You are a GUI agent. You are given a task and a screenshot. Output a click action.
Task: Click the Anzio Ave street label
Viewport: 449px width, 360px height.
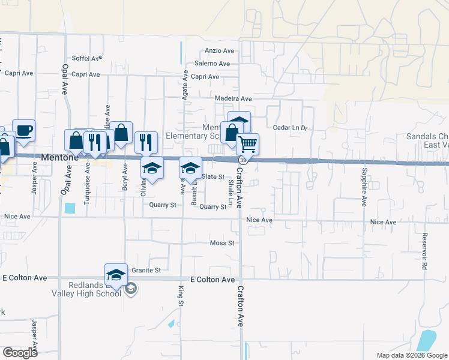218,51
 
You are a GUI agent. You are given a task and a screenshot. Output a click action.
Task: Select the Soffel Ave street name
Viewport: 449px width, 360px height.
87,59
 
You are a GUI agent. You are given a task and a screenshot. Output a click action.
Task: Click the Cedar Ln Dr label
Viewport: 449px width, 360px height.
290,128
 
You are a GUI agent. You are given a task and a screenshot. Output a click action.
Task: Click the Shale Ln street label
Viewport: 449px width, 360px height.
231,191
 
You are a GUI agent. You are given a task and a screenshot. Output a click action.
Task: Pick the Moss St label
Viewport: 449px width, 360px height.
221,243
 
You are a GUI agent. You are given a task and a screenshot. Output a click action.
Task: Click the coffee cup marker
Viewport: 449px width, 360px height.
23,130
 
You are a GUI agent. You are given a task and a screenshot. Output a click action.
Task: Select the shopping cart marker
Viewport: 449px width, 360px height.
247,144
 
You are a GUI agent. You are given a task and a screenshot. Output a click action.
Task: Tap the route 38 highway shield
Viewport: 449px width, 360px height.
242,161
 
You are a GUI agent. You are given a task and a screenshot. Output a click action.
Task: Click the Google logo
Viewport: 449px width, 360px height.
20,353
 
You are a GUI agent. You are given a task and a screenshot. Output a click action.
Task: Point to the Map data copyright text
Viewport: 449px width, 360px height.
411,355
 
